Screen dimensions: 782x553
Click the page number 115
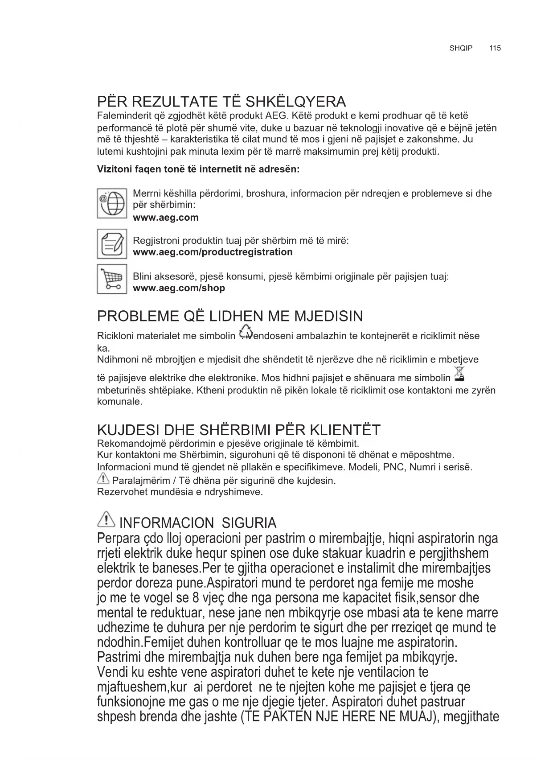tap(495, 48)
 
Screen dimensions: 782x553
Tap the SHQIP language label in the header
tap(461, 48)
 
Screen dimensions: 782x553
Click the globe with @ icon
tap(112, 203)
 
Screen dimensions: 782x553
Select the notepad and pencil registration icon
tap(112, 243)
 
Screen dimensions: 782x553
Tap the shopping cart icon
tap(112, 279)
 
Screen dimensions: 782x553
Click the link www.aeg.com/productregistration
tap(213, 252)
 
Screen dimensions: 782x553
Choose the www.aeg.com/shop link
tap(179, 288)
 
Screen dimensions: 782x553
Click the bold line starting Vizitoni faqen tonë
tap(198, 170)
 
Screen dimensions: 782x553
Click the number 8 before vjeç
tap(195, 597)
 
